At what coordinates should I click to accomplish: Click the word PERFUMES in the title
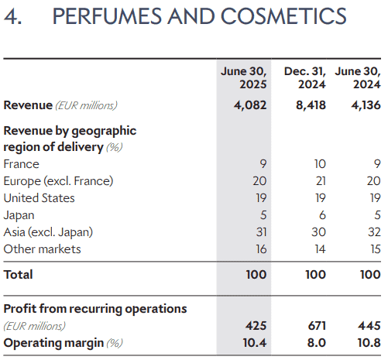click(107, 16)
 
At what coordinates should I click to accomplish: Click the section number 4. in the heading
click(12, 16)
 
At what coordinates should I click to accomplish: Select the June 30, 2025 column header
click(243, 77)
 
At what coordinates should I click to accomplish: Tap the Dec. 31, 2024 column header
click(305, 77)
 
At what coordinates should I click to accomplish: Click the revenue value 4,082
click(250, 105)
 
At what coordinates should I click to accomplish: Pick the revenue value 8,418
click(311, 105)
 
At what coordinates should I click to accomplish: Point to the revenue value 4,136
click(366, 105)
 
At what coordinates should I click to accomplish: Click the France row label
click(22, 164)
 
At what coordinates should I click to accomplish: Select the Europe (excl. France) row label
click(58, 181)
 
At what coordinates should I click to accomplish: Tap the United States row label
click(39, 198)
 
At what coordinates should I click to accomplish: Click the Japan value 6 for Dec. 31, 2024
click(322, 215)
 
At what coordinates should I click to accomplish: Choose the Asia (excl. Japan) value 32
click(374, 232)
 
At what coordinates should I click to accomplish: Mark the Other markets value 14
click(320, 249)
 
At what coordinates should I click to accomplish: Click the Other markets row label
click(43, 249)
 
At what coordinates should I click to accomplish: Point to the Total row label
click(19, 274)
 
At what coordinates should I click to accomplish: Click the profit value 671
click(317, 325)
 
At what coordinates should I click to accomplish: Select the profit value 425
click(256, 325)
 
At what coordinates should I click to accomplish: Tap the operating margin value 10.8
click(369, 343)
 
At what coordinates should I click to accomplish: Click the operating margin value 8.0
click(317, 343)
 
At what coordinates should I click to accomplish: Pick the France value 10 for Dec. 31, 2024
click(320, 164)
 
